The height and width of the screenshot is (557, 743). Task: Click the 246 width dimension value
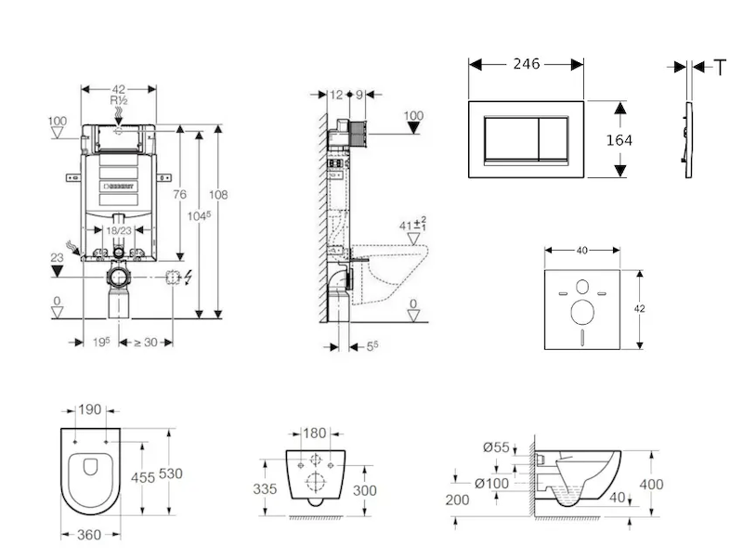click(527, 64)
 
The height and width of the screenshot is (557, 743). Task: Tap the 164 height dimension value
click(619, 139)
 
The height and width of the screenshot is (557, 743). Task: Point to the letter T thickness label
click(721, 66)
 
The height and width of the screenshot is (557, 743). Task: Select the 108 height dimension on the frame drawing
click(219, 195)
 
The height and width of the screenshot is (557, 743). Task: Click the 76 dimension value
click(180, 194)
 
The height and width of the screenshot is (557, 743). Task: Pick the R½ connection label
click(118, 100)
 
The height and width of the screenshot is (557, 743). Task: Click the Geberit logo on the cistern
click(118, 185)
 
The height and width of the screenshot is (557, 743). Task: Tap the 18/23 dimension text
click(117, 229)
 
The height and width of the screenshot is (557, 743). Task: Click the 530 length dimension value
click(170, 473)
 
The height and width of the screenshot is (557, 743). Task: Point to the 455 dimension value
click(141, 477)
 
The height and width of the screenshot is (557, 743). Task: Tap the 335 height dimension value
click(267, 488)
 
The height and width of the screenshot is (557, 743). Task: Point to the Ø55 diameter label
click(496, 447)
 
